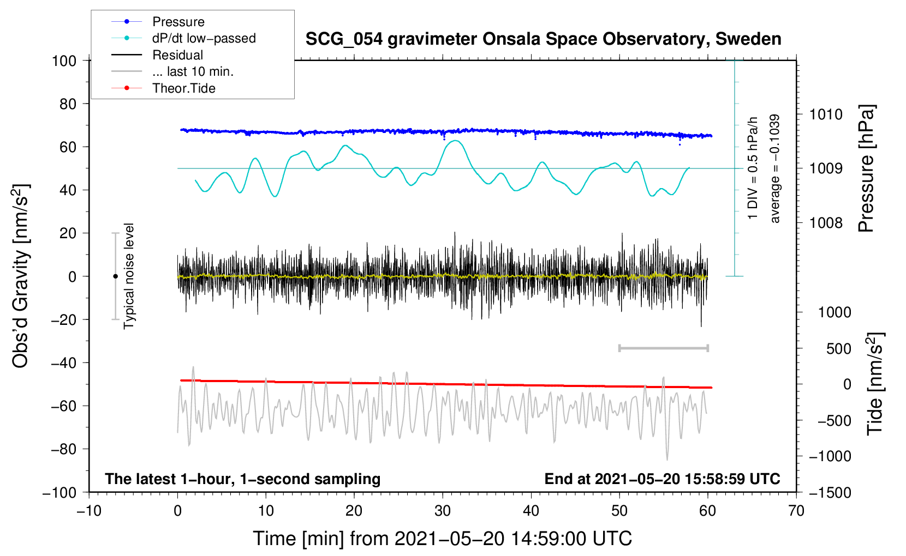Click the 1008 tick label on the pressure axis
826,222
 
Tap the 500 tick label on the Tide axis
838,349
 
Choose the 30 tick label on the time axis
443,511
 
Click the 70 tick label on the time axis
796,511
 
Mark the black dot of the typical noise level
115,276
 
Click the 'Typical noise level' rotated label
129,276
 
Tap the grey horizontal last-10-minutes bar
663,348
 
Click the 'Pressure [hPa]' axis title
866,168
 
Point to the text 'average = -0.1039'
774,168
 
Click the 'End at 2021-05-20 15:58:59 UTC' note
662,479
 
